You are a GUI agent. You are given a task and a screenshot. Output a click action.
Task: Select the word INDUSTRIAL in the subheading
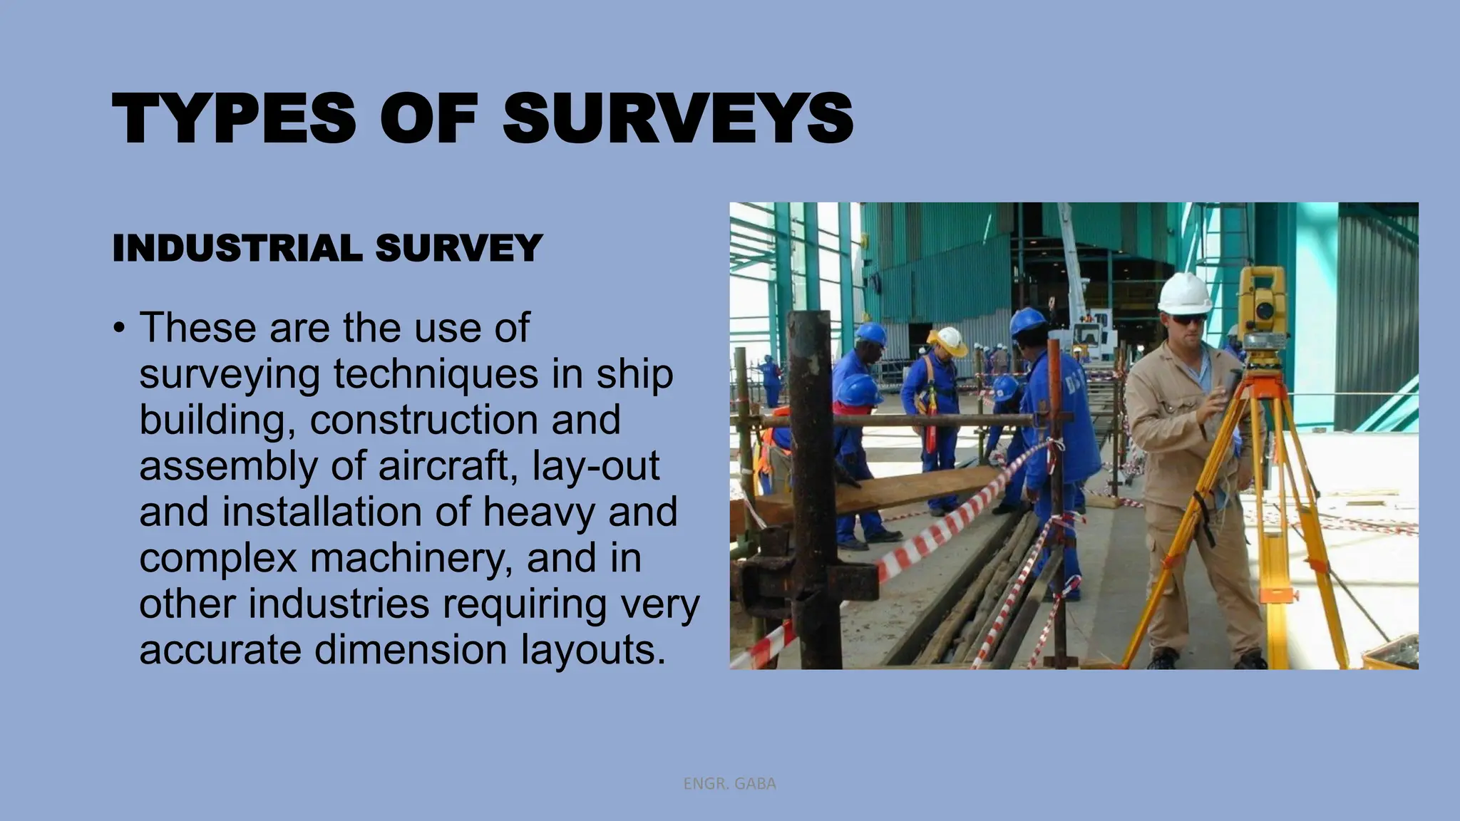pos(237,248)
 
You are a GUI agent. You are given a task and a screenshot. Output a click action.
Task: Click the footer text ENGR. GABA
pos(729,784)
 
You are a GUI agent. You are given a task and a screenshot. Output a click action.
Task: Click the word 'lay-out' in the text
pos(596,466)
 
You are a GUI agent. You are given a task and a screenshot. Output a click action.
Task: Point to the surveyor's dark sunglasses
pos(1188,319)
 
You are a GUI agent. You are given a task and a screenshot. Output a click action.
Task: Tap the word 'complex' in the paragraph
pos(217,558)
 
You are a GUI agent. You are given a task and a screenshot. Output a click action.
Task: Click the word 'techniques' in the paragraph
pos(436,375)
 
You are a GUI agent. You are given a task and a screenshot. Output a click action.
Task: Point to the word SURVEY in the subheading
pos(458,248)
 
